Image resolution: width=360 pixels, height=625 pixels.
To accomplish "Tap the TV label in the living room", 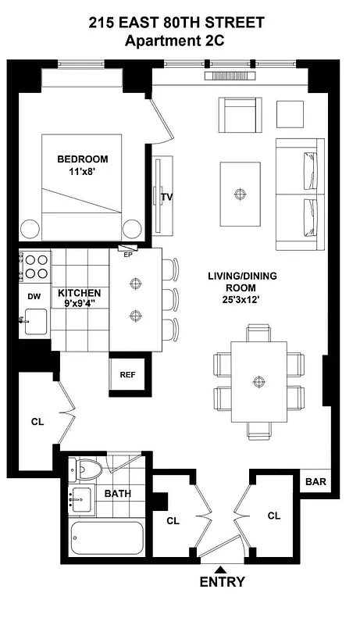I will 166,197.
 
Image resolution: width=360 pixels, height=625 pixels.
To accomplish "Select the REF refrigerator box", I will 127,374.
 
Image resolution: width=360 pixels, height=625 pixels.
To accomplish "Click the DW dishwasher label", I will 34,296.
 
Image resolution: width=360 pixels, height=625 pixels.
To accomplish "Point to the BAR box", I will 315,481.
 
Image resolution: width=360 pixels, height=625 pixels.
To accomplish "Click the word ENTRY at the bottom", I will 222,582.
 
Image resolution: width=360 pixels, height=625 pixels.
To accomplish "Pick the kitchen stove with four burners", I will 35,266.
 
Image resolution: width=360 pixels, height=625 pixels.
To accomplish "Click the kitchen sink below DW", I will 35,321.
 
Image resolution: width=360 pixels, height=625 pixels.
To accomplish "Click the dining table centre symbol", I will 258,382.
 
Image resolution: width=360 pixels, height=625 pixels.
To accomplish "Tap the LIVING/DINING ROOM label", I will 241,287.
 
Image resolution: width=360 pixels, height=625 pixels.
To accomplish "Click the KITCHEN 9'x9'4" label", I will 80,298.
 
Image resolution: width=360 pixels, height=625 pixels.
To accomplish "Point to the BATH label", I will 118,493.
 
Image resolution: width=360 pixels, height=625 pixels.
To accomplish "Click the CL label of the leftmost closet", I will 37,421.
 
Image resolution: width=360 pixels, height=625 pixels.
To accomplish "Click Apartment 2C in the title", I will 180,41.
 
